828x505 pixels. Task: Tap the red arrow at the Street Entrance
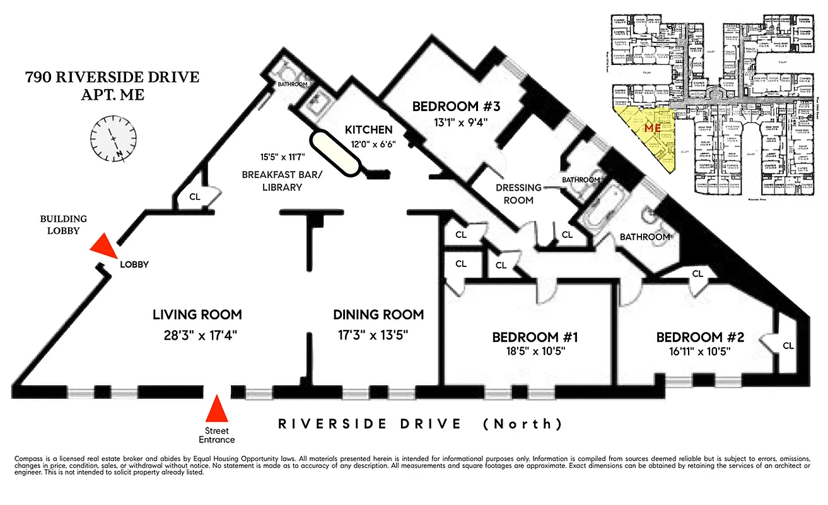(x=217, y=410)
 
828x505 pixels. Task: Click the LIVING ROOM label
(x=197, y=314)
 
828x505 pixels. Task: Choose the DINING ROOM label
(x=378, y=314)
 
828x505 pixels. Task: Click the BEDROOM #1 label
(x=534, y=337)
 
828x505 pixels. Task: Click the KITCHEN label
(x=368, y=130)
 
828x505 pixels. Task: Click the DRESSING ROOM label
(x=518, y=194)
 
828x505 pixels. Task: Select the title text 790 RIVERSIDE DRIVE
(x=112, y=78)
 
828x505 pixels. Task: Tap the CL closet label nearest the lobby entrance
(x=195, y=196)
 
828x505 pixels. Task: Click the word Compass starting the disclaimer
(x=29, y=457)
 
